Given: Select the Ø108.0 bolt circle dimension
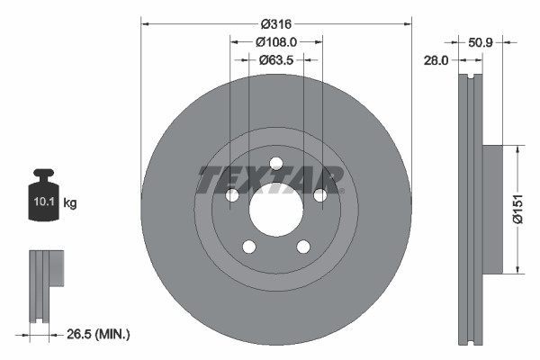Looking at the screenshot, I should coord(276,41).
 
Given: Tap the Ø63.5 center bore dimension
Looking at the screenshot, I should coord(276,60).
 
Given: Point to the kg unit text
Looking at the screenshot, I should coord(70,203).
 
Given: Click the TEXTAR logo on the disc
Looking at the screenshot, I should coord(271,181).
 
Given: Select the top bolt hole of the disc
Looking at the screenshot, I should coord(275,163).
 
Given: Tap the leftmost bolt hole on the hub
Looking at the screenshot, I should coord(231,195).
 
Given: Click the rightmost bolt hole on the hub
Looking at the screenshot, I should coord(320,195).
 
